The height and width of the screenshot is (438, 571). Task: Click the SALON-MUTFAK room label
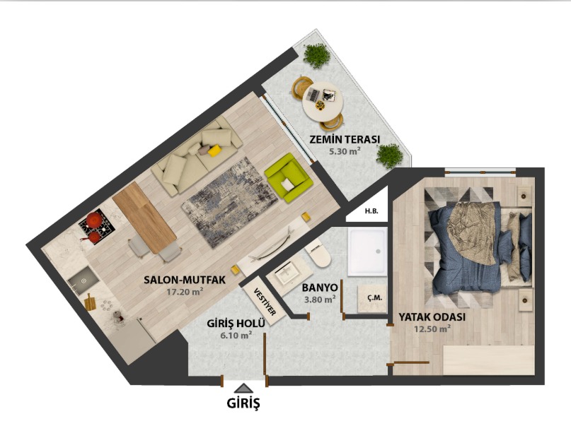coord(185,280)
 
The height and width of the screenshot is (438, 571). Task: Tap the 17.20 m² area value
coord(185,292)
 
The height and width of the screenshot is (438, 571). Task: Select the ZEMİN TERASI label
coord(345,139)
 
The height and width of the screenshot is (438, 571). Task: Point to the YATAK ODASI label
coord(432,317)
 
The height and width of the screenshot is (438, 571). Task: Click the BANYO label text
coord(320,288)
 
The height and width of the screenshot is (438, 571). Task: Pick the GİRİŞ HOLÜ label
coord(236,323)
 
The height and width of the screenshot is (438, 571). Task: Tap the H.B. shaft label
coord(371,211)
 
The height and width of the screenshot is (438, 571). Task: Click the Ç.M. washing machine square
coord(371,299)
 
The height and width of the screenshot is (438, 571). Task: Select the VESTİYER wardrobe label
coord(265,302)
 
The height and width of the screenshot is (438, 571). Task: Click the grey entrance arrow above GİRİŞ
coord(244,389)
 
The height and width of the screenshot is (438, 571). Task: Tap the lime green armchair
coord(288,178)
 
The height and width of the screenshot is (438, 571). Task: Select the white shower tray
coord(367,251)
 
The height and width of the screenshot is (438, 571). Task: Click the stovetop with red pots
coord(97,227)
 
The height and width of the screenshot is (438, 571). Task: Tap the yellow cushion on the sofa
coord(214,150)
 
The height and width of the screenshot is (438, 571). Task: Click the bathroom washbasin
coord(288,273)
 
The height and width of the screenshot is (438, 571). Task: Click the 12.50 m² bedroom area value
coord(432,329)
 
